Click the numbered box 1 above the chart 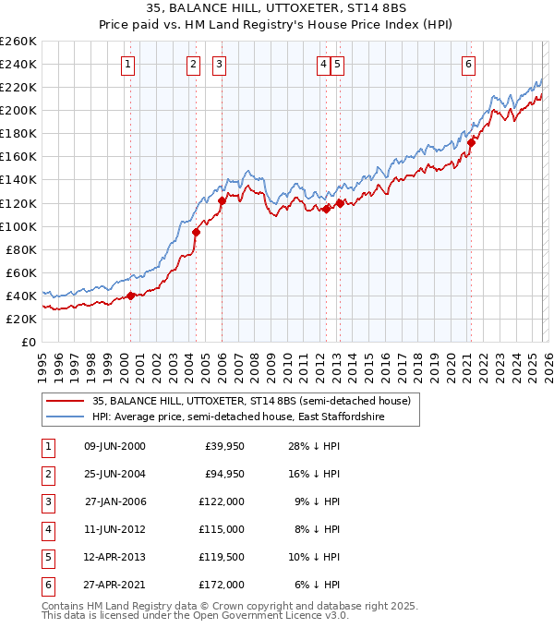click(x=126, y=64)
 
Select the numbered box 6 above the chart click(x=469, y=64)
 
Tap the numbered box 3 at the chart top click(x=220, y=64)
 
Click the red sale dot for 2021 click(x=471, y=142)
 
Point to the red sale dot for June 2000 click(x=131, y=296)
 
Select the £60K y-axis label click(x=20, y=272)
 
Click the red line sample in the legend click(x=65, y=401)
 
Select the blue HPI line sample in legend click(x=65, y=417)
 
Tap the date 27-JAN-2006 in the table click(x=115, y=501)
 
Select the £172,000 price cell click(x=222, y=585)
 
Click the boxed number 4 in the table click(x=47, y=529)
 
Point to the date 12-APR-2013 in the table click(x=115, y=557)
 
